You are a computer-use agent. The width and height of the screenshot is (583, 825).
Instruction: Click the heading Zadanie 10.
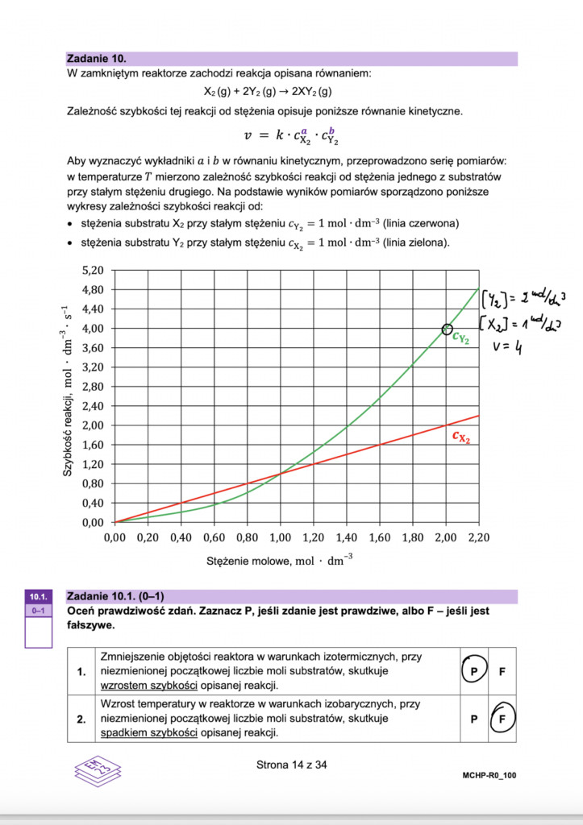point(98,59)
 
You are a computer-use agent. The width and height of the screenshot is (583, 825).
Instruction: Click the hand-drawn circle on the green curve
point(447,329)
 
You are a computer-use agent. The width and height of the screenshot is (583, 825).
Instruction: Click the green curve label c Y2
point(461,339)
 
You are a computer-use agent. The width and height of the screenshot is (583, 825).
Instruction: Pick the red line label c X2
point(461,437)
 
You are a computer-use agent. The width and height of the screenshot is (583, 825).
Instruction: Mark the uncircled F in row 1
point(502,670)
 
